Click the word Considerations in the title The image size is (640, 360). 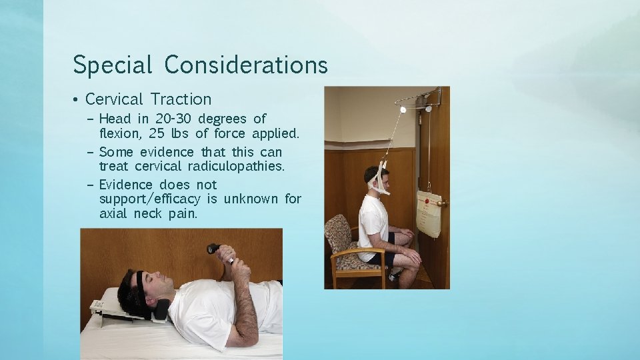[246, 65]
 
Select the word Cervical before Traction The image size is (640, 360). [114, 99]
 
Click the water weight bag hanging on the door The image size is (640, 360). [429, 213]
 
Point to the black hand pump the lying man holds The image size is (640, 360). [214, 249]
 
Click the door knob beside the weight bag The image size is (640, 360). [441, 203]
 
